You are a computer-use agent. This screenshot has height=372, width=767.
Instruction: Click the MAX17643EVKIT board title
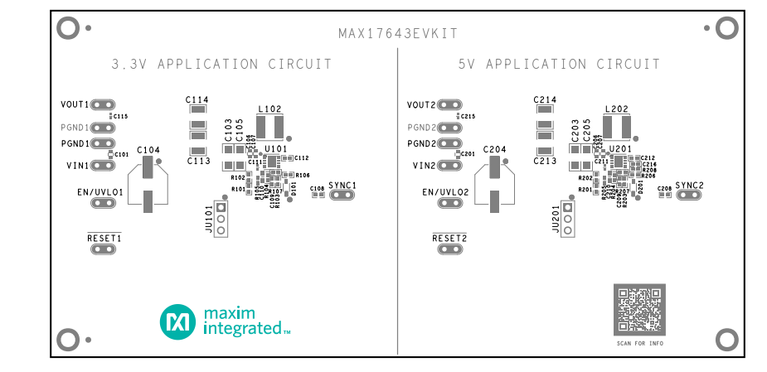pyautogui.click(x=398, y=34)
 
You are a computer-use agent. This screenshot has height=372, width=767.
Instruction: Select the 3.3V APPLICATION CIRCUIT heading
pyautogui.click(x=221, y=64)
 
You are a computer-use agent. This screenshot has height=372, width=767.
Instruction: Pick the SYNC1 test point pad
pyautogui.click(x=342, y=196)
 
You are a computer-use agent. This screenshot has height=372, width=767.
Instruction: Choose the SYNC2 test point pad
pyautogui.click(x=689, y=196)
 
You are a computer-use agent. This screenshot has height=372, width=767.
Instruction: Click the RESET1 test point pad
pyautogui.click(x=104, y=249)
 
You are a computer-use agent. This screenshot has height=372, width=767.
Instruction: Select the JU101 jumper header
pyautogui.click(x=221, y=219)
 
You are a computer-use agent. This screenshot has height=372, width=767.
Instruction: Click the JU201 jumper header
pyautogui.click(x=567, y=219)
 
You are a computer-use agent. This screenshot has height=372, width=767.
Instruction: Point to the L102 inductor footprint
pyautogui.click(x=270, y=128)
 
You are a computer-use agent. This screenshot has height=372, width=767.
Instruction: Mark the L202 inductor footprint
pyautogui.click(x=618, y=128)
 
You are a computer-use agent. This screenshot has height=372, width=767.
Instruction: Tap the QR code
pyautogui.click(x=639, y=310)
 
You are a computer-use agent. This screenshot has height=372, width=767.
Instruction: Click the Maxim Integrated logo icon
pyautogui.click(x=177, y=321)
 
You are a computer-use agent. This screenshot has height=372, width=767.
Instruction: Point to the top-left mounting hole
pyautogui.click(x=67, y=28)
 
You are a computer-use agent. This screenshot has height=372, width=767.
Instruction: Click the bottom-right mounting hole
pyautogui.click(x=726, y=340)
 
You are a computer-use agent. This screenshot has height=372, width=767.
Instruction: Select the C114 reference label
pyautogui.click(x=197, y=99)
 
